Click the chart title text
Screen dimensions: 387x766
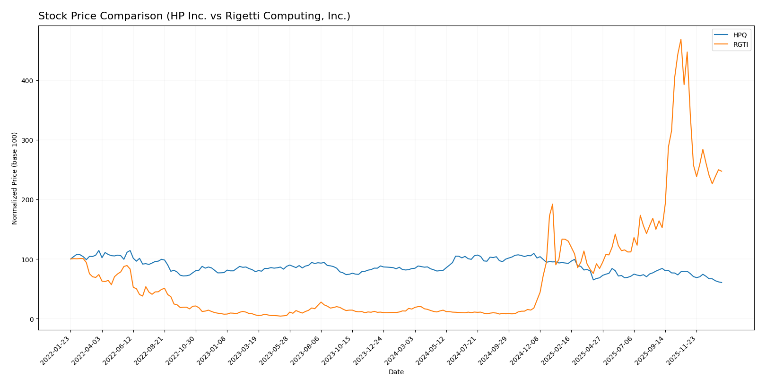(194, 16)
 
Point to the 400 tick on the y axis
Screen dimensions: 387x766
(28, 81)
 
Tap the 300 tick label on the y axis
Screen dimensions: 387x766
(28, 140)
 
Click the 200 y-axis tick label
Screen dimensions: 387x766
(28, 200)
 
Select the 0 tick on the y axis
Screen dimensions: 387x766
(32, 319)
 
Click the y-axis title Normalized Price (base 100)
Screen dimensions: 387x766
(15, 178)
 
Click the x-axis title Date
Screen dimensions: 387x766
(396, 372)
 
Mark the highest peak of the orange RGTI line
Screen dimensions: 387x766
(681, 39)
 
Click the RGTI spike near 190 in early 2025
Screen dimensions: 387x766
(552, 204)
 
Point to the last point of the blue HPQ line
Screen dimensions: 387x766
(722, 283)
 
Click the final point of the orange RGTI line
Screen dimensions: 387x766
(722, 171)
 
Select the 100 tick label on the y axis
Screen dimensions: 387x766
(28, 259)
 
